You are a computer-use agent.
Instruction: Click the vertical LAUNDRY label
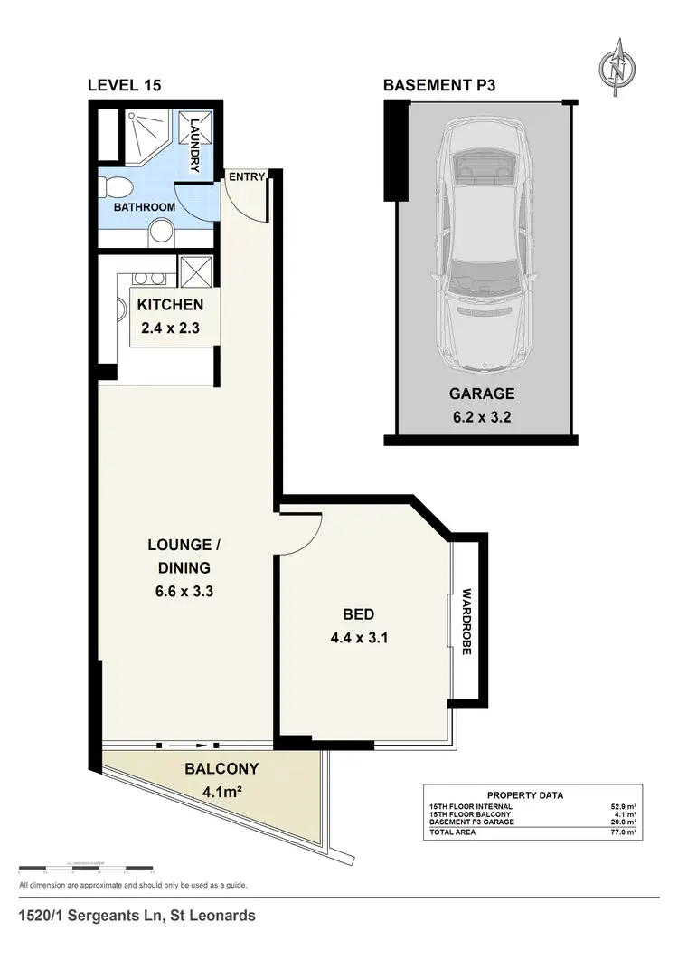(193, 144)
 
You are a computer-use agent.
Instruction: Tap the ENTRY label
(245, 177)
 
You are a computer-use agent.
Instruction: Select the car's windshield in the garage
(481, 272)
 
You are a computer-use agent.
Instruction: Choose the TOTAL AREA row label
(452, 831)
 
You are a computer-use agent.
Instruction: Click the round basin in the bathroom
(161, 233)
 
